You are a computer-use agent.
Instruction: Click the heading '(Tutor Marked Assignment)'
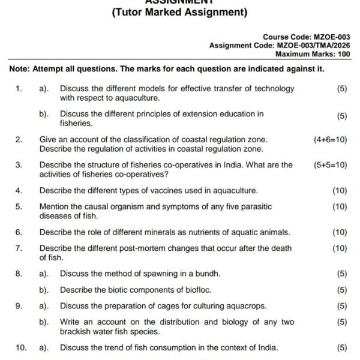tap(179, 12)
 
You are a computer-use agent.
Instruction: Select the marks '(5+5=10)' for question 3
tap(330, 164)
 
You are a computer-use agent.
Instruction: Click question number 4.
tap(19, 191)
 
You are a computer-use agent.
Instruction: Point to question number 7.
tap(19, 248)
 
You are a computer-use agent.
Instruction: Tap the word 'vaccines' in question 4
tap(163, 191)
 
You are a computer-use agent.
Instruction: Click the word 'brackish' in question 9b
tap(77, 331)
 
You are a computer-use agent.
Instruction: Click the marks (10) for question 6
tap(339, 232)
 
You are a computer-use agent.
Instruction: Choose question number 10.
tap(20, 347)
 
